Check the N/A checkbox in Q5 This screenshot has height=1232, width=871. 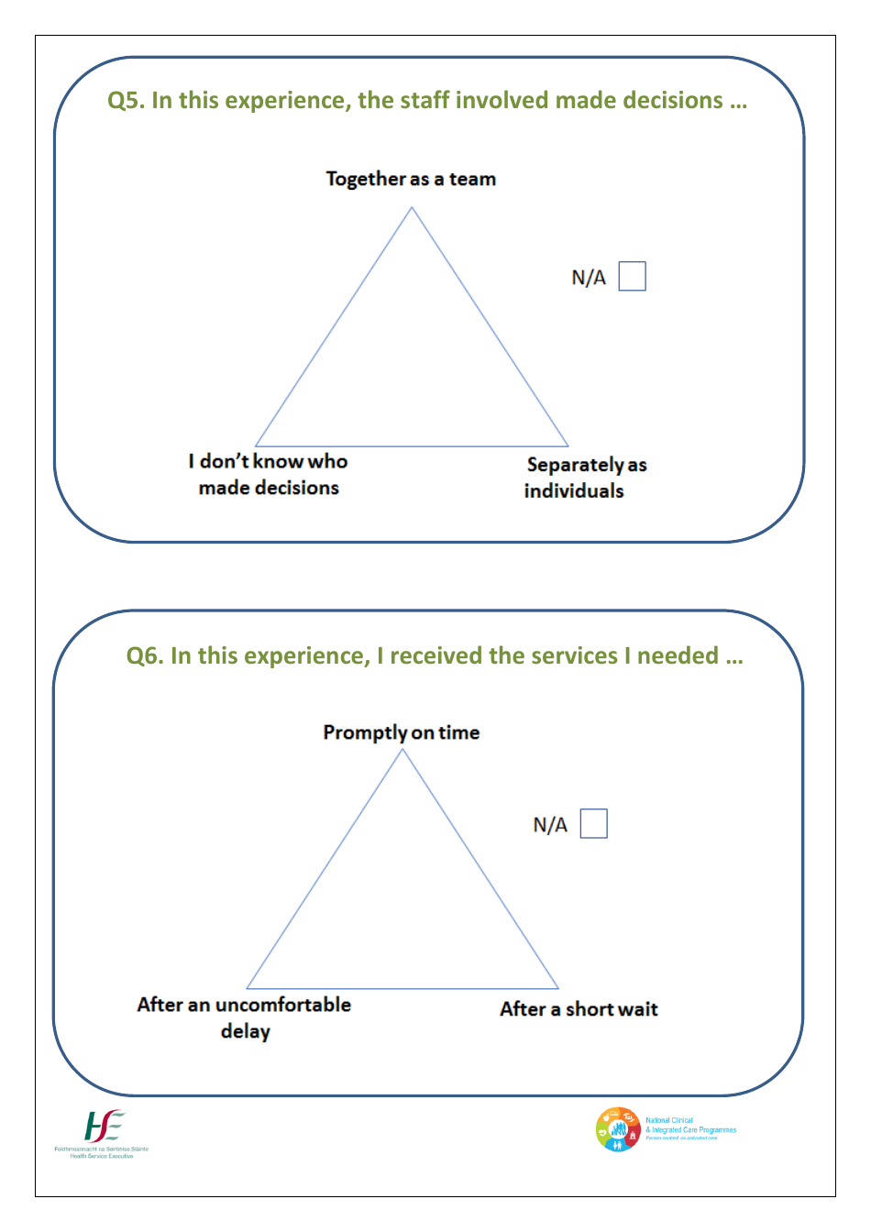[632, 276]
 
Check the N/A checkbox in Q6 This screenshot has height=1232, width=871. [593, 823]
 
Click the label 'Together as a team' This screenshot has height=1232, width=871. [411, 179]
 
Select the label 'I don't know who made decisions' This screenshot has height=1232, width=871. [269, 474]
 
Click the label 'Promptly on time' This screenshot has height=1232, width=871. [401, 732]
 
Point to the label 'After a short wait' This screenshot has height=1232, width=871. [579, 1009]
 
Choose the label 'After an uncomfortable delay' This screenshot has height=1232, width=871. [244, 1017]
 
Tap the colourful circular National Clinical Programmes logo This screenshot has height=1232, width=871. [618, 1129]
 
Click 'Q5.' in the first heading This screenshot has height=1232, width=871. [126, 101]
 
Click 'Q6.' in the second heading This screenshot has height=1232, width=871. [145, 656]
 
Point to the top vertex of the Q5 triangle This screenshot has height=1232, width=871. [412, 208]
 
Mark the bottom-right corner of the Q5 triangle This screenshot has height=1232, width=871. [568, 445]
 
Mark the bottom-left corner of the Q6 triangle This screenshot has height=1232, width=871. [248, 987]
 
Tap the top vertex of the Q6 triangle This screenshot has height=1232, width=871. [402, 751]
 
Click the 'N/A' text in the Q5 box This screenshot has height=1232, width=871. [589, 278]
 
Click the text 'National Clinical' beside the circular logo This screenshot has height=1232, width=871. [669, 1120]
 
